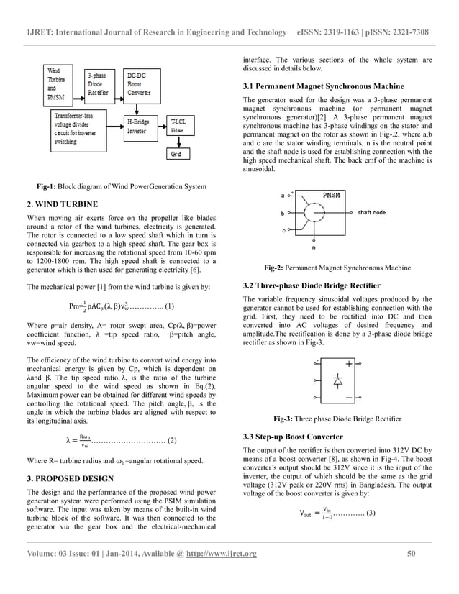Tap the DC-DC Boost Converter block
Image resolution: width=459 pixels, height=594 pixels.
(140, 83)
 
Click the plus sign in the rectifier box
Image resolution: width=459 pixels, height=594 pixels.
(349, 364)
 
